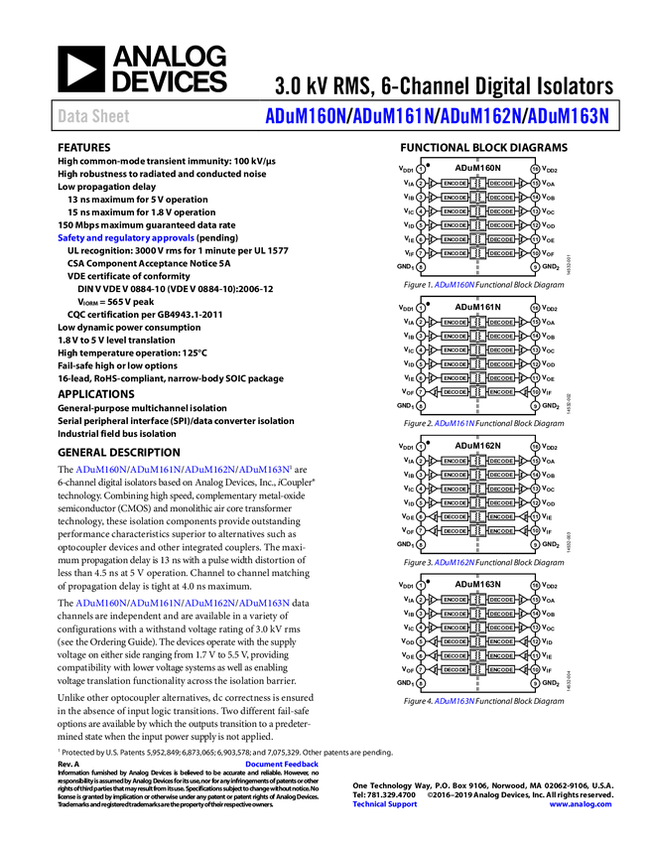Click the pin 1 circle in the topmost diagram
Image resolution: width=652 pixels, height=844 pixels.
421,169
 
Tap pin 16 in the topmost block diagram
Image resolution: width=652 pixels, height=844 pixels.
535,169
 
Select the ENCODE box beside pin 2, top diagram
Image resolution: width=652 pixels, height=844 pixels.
455,184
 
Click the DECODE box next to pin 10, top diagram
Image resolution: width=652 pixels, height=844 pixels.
502,253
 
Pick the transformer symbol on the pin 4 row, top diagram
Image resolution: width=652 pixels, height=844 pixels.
478,211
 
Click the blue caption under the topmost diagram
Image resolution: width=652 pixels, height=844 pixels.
455,285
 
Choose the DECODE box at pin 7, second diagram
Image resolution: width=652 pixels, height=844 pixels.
455,392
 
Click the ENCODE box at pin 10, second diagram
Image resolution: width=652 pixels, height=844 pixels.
502,392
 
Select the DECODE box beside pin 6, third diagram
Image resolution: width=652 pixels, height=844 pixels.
455,517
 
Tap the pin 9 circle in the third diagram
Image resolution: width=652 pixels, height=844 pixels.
535,545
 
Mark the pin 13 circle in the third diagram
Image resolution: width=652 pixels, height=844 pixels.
535,490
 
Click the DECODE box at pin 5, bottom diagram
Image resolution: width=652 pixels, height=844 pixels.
455,641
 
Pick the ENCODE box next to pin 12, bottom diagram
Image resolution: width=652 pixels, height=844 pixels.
502,641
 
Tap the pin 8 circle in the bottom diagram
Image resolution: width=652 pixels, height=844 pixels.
421,684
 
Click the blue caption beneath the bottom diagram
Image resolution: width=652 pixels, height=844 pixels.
455,702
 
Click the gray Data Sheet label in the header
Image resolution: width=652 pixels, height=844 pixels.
94,117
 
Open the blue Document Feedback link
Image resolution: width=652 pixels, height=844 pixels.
283,765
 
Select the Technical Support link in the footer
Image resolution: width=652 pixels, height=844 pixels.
385,804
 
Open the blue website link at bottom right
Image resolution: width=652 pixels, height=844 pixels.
581,804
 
